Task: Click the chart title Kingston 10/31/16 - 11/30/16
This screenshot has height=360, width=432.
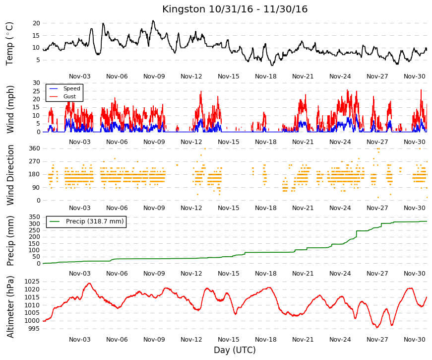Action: pos(235,9)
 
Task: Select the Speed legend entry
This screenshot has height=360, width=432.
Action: pos(65,88)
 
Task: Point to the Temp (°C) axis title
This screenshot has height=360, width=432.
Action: pos(9,44)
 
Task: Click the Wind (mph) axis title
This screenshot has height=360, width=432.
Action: pos(10,109)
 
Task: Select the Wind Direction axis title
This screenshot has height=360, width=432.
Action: pos(10,175)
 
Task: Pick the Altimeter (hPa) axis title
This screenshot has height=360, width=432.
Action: pos(10,307)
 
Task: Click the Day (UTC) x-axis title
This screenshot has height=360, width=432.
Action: pos(235,350)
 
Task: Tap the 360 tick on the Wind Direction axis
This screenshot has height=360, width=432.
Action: pos(34,148)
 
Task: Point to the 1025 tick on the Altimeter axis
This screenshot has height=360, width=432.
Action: pos(32,282)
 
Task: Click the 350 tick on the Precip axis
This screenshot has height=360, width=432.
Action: pos(34,217)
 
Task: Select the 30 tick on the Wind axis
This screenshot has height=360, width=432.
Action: pos(36,83)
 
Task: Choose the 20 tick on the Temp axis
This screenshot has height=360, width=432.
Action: pos(36,23)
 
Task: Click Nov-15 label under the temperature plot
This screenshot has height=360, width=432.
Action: pos(228,76)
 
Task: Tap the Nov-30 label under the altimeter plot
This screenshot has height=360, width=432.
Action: pos(414,340)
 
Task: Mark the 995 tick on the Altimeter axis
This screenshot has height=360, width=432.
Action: pos(34,329)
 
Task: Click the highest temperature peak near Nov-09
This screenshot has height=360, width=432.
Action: pos(153,21)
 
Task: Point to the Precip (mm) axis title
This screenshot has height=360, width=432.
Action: pos(10,241)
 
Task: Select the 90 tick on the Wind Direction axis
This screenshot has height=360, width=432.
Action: pos(36,188)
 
